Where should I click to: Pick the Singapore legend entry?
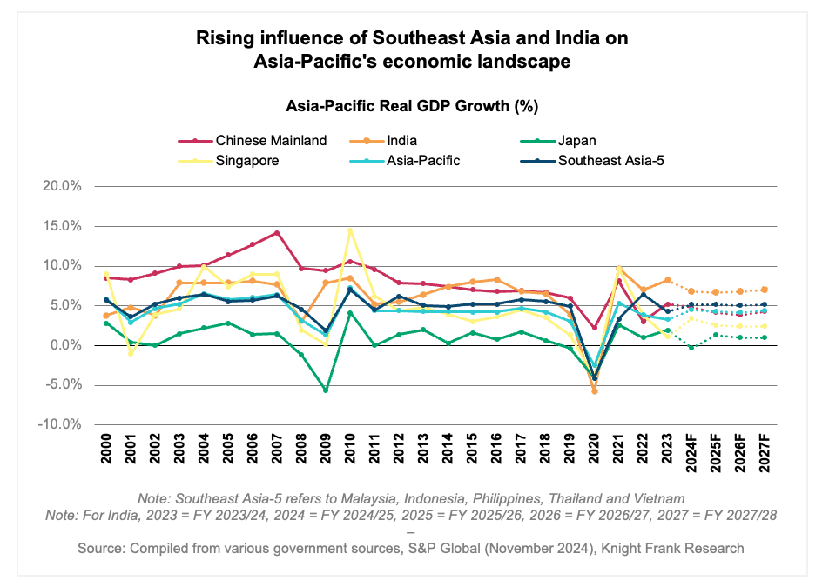click(x=247, y=160)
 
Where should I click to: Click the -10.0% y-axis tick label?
click(x=59, y=425)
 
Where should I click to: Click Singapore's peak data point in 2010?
click(x=350, y=230)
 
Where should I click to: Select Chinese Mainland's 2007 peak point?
click(x=277, y=233)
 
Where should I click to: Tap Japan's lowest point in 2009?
click(x=326, y=390)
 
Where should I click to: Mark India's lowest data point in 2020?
click(x=595, y=391)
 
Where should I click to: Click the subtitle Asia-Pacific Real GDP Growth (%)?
click(x=412, y=107)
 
